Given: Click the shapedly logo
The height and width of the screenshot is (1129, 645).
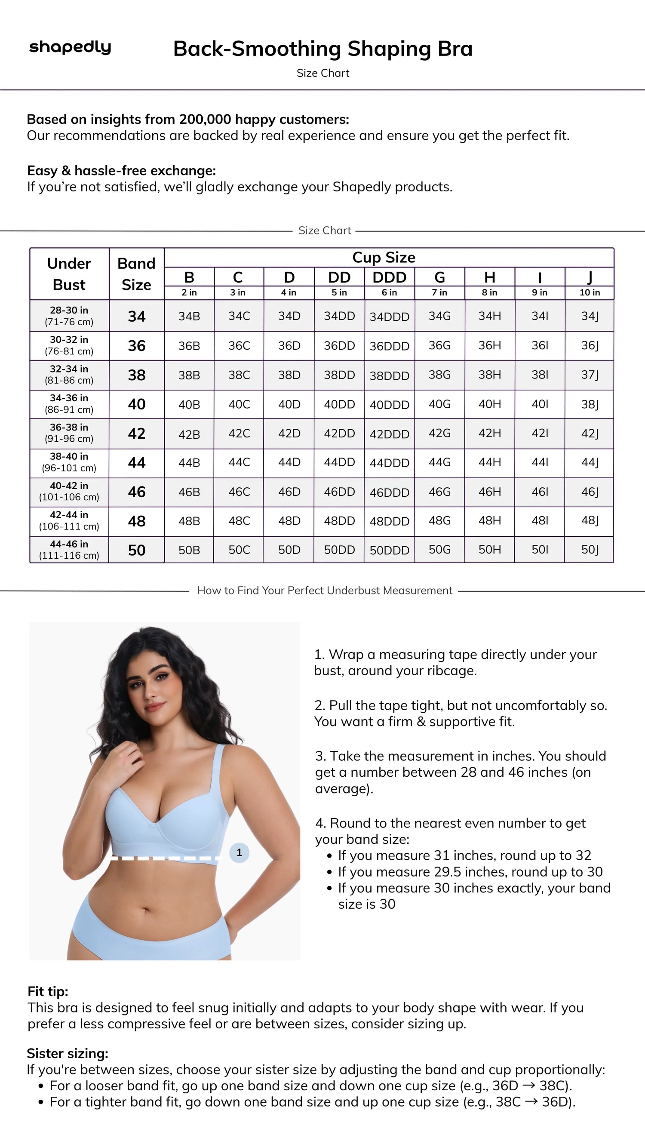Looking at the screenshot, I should (70, 47).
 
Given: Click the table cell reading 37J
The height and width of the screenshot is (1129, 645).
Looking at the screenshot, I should (590, 375).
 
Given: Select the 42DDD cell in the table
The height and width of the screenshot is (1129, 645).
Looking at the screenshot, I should (390, 434).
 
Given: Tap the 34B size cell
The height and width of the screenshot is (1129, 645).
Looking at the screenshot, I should (189, 317).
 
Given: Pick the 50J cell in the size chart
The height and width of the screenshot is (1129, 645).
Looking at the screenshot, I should (590, 550).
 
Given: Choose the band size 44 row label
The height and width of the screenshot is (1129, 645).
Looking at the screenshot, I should (136, 463).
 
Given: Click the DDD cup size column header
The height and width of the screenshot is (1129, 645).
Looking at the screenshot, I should (390, 277).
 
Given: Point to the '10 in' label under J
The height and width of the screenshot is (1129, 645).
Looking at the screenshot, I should (590, 292).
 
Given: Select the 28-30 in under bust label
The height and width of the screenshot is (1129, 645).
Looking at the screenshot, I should (69, 311).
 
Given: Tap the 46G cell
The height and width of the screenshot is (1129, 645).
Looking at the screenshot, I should (439, 492).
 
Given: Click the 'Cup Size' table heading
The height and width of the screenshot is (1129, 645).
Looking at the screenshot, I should (384, 258).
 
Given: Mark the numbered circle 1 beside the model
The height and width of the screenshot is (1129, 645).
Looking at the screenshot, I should (239, 852).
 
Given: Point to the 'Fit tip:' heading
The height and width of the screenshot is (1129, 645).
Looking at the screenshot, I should (48, 991).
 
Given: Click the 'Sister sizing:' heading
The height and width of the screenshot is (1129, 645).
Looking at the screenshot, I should (68, 1053).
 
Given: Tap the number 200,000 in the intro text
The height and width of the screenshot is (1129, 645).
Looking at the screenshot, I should (205, 120).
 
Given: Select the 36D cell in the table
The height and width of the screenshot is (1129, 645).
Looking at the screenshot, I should (289, 346).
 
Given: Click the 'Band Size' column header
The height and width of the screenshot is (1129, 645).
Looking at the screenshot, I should (136, 274).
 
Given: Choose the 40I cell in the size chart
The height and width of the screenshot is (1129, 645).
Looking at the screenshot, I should (540, 404).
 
